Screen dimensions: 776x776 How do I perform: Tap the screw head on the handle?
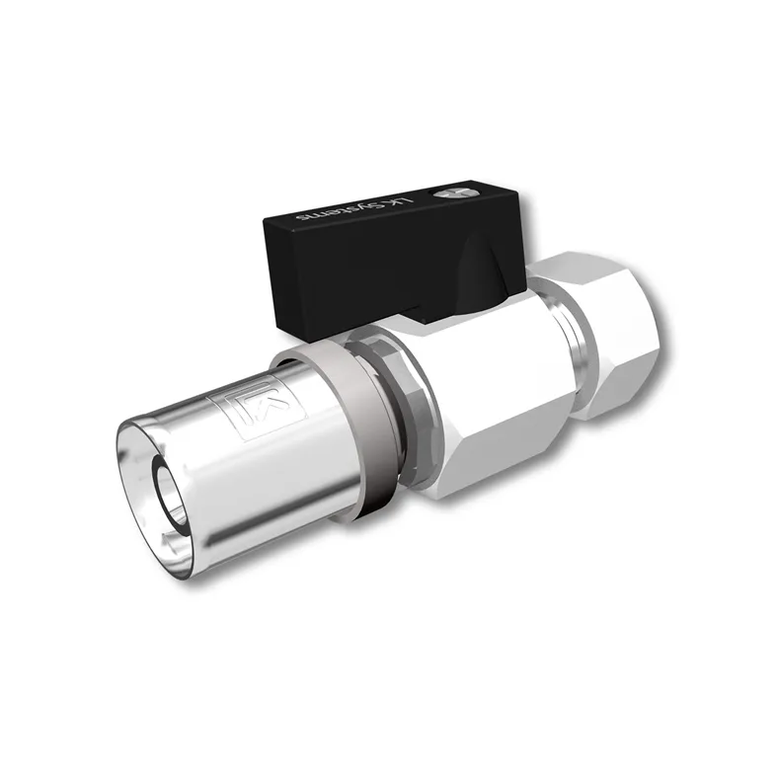(x=456, y=194)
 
